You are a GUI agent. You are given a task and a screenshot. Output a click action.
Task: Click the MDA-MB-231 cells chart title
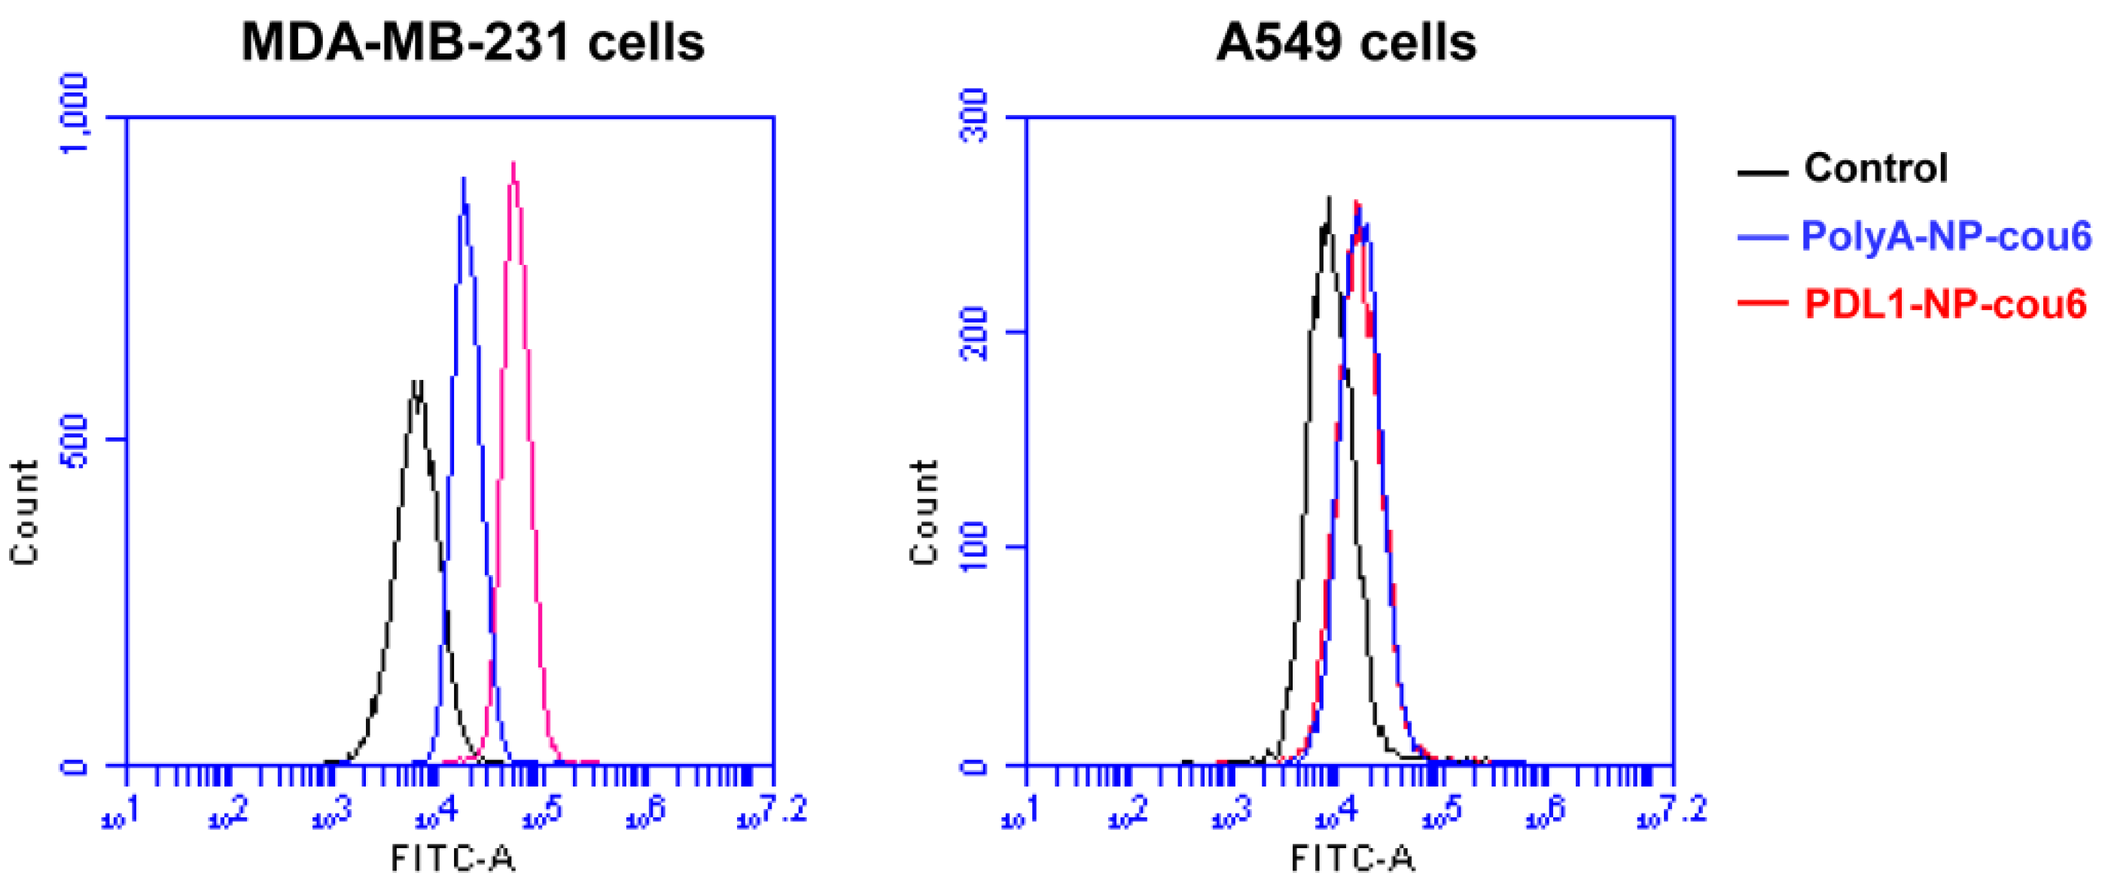point(472,42)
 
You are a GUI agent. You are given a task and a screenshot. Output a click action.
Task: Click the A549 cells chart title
point(1346,42)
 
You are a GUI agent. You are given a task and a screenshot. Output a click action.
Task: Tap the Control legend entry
point(1876,169)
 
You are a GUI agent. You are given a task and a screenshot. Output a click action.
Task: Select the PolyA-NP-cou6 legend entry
point(1945,236)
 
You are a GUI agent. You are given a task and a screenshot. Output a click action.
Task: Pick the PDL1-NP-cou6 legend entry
point(1945,304)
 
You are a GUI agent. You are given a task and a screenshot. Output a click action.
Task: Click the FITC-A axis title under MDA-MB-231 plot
point(452,858)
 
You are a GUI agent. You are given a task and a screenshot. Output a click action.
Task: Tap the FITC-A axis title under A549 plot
point(1352,858)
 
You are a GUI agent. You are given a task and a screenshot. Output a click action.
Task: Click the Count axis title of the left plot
point(25,512)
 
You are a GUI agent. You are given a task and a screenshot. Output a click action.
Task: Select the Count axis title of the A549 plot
point(925,512)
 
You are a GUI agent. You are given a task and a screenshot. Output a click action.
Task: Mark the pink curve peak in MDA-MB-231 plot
point(513,163)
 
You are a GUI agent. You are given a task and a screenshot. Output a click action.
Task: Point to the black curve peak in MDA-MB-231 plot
point(417,382)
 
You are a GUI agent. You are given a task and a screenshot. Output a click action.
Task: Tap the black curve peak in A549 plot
point(1330,198)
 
